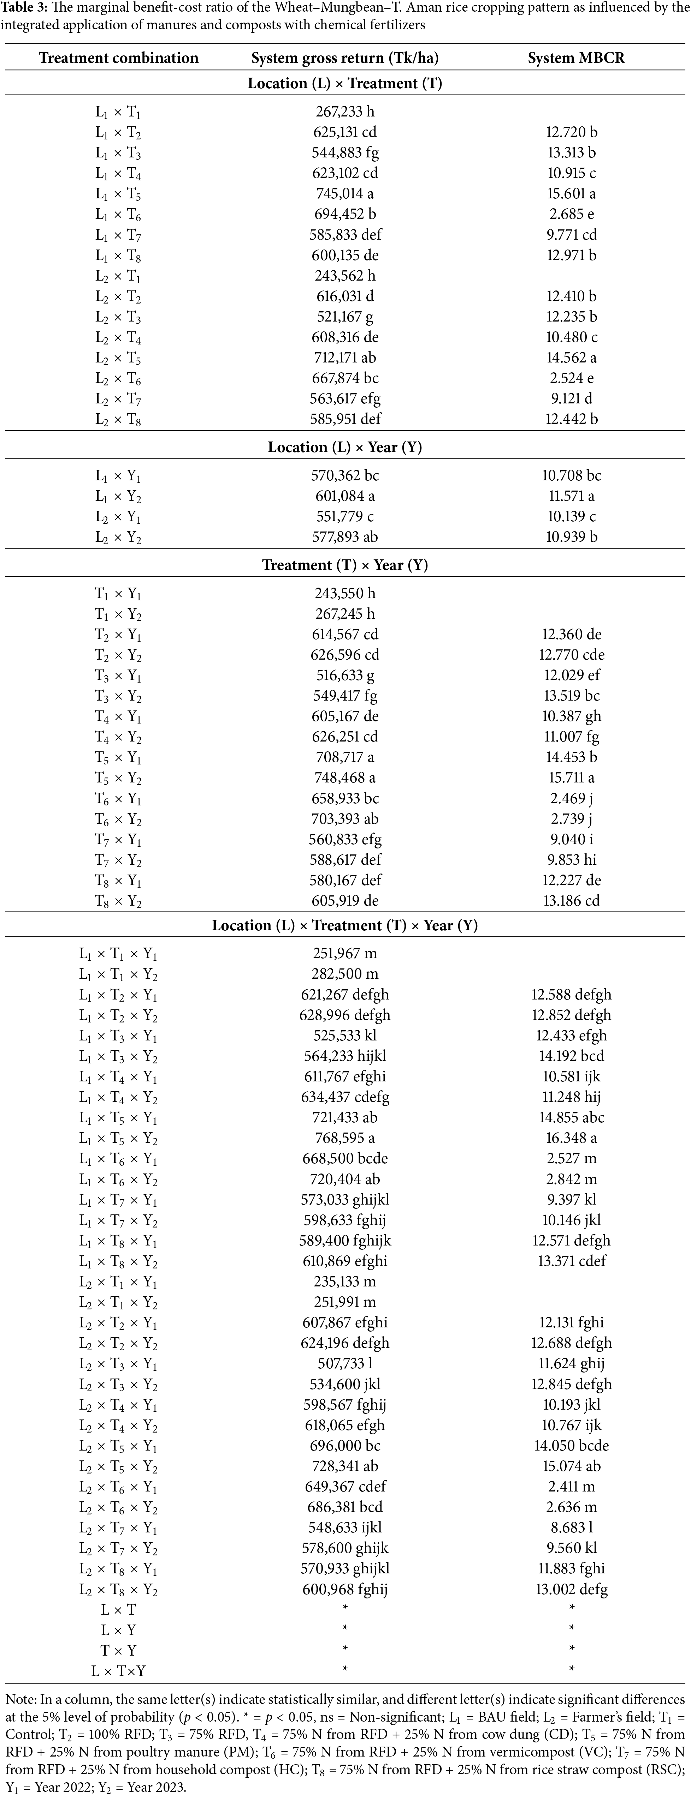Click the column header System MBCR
point(576,58)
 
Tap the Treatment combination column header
point(119,58)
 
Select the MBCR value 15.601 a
point(571,194)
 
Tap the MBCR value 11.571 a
point(571,496)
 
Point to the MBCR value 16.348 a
point(571,1138)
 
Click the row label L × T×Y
point(119,1670)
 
